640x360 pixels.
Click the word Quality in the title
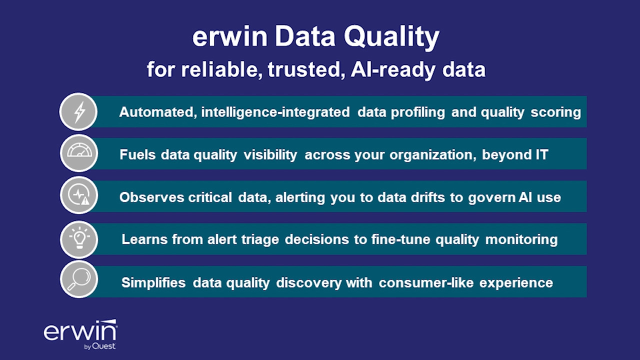click(395, 37)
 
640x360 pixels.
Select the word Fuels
click(137, 155)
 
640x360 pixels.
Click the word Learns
click(142, 240)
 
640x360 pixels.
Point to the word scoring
click(554, 112)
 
